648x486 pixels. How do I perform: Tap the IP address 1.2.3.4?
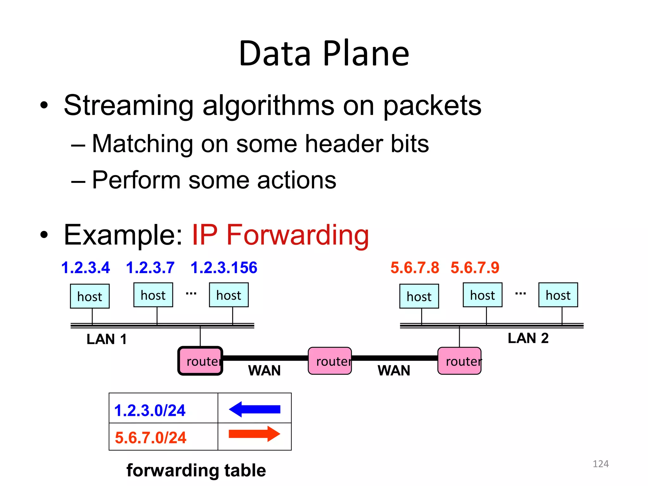85,268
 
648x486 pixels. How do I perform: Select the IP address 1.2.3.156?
224,268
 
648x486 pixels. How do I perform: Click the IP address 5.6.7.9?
475,268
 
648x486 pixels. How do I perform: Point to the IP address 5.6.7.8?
414,268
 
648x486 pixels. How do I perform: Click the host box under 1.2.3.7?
153,295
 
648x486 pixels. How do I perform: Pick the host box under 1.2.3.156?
229,295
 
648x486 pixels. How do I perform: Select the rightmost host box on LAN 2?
558,295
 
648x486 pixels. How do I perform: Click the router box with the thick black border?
200,361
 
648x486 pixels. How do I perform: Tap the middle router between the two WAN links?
330,361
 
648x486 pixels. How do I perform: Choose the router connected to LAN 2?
459,361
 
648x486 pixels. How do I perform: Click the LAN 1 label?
107,339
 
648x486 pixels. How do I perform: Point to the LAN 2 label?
528,338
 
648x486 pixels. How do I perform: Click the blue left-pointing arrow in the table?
254,409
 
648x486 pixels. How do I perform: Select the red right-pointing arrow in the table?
254,434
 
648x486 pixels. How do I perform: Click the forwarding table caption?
196,470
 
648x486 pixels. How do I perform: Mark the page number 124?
600,464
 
